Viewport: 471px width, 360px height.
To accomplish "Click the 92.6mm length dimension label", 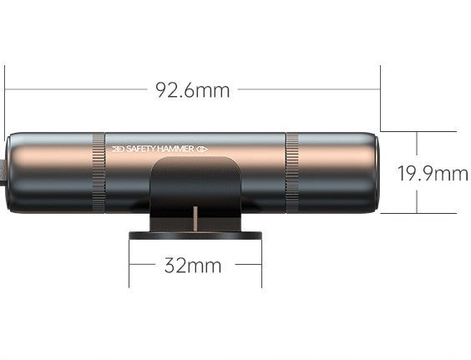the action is click(193, 90).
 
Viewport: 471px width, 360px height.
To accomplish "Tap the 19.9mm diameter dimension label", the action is click(433, 174).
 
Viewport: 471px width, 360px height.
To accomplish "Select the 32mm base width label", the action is click(193, 266).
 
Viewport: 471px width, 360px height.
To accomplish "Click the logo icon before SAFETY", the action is click(118, 149).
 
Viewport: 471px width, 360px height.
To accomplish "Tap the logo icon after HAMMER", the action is click(202, 149).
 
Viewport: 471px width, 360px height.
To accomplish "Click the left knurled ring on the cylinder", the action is click(99, 173).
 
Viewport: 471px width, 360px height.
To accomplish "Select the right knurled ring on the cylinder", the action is click(291, 173).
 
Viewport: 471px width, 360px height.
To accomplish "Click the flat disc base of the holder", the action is click(195, 235).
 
